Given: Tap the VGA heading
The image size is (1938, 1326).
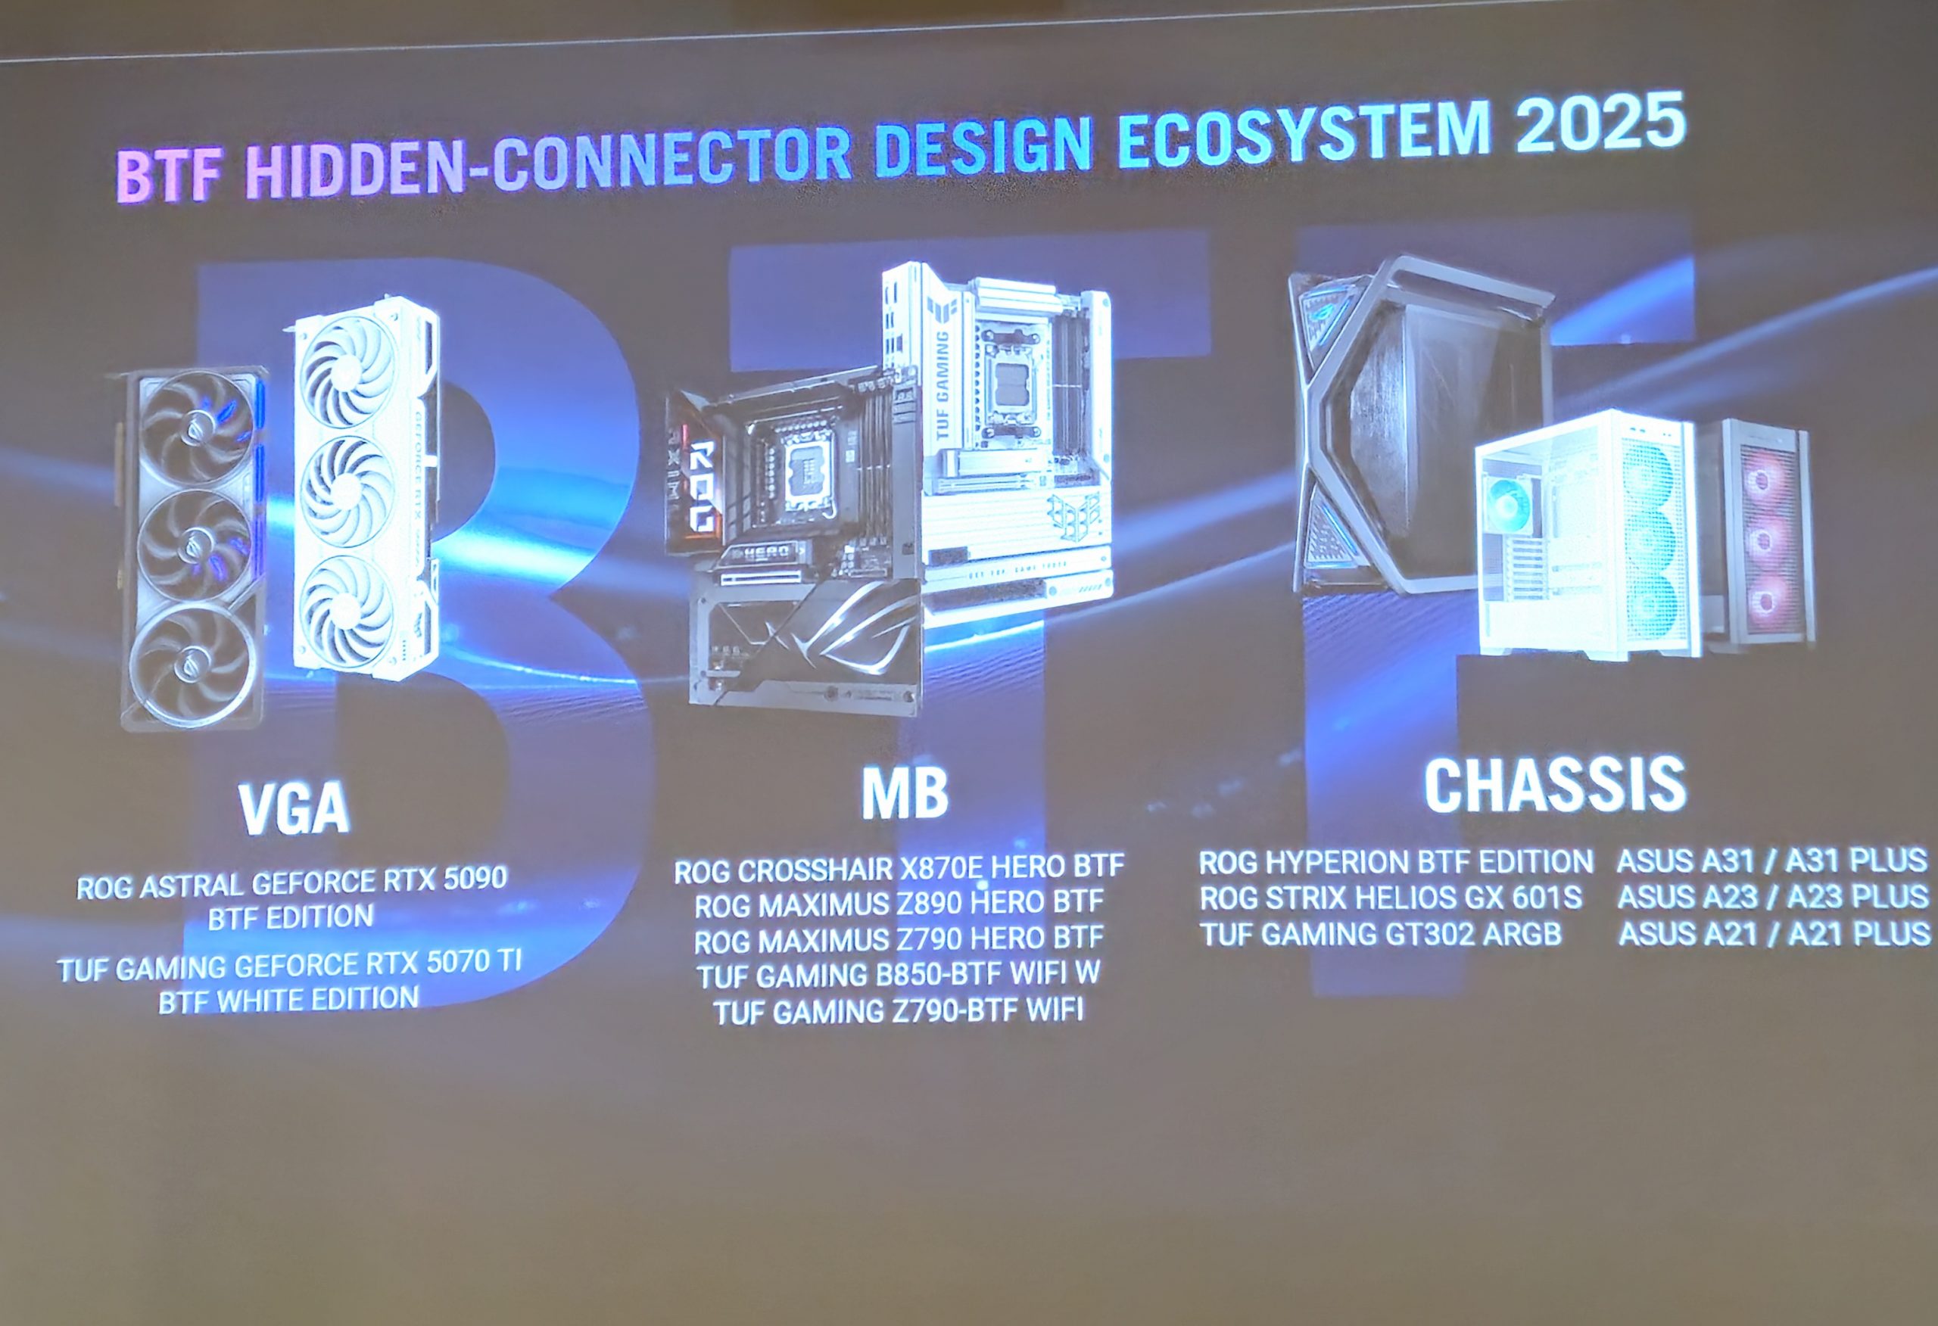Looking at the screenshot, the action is [294, 807].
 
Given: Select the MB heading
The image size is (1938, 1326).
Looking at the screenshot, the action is [905, 793].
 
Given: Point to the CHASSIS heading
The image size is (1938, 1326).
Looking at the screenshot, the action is [1554, 784].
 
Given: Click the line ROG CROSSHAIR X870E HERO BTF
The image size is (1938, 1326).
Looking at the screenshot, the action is [899, 868].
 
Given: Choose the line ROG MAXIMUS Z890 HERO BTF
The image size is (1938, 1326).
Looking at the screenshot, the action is [899, 903].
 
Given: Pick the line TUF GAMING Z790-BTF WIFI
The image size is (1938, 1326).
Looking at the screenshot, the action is [898, 1010].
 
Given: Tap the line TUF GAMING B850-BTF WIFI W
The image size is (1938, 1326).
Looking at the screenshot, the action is [898, 974].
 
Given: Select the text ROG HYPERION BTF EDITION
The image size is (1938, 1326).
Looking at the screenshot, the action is [1396, 861].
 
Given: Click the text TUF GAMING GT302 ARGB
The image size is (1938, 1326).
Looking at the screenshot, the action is [1381, 934].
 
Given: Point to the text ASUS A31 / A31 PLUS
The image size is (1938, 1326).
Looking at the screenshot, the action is [1773, 860].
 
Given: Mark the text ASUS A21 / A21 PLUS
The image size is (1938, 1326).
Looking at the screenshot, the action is [1774, 933].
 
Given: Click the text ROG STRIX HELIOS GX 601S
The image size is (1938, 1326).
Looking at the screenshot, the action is [1391, 898].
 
